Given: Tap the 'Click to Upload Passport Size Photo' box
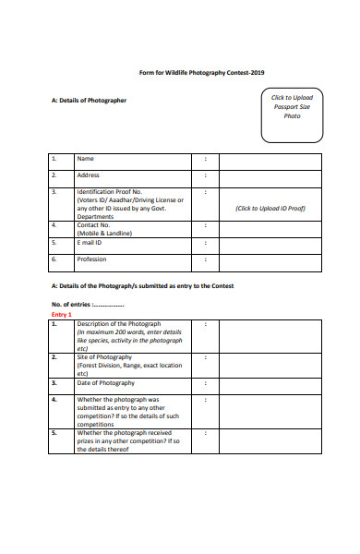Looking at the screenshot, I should [292, 116].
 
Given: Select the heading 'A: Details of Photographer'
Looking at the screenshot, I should [89, 100].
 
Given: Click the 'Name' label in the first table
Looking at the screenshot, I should [85, 158].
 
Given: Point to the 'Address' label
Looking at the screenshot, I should [88, 175].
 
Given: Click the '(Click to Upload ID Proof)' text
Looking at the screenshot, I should [270, 208].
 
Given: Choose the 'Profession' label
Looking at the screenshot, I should [92, 259].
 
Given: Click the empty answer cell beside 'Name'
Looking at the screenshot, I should [270, 161].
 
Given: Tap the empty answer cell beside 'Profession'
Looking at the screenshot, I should [270, 263].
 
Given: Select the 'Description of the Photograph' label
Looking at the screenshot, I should [119, 324].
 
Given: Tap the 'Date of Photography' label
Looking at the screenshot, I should [105, 382].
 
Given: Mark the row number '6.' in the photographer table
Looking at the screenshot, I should [54, 259].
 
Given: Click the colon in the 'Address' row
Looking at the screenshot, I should [205, 175].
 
